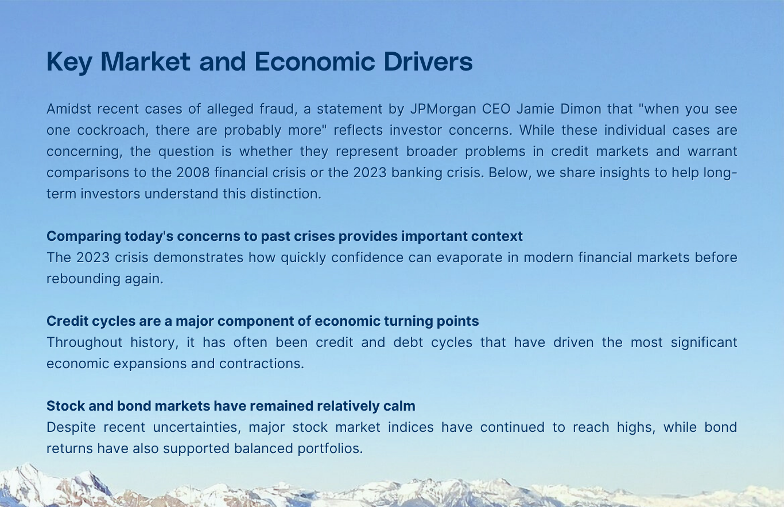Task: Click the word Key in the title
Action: pyautogui.click(x=68, y=62)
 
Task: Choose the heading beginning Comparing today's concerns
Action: pyautogui.click(x=285, y=236)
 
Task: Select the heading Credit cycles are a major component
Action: pyautogui.click(x=262, y=321)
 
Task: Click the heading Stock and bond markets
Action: pyautogui.click(x=231, y=406)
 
